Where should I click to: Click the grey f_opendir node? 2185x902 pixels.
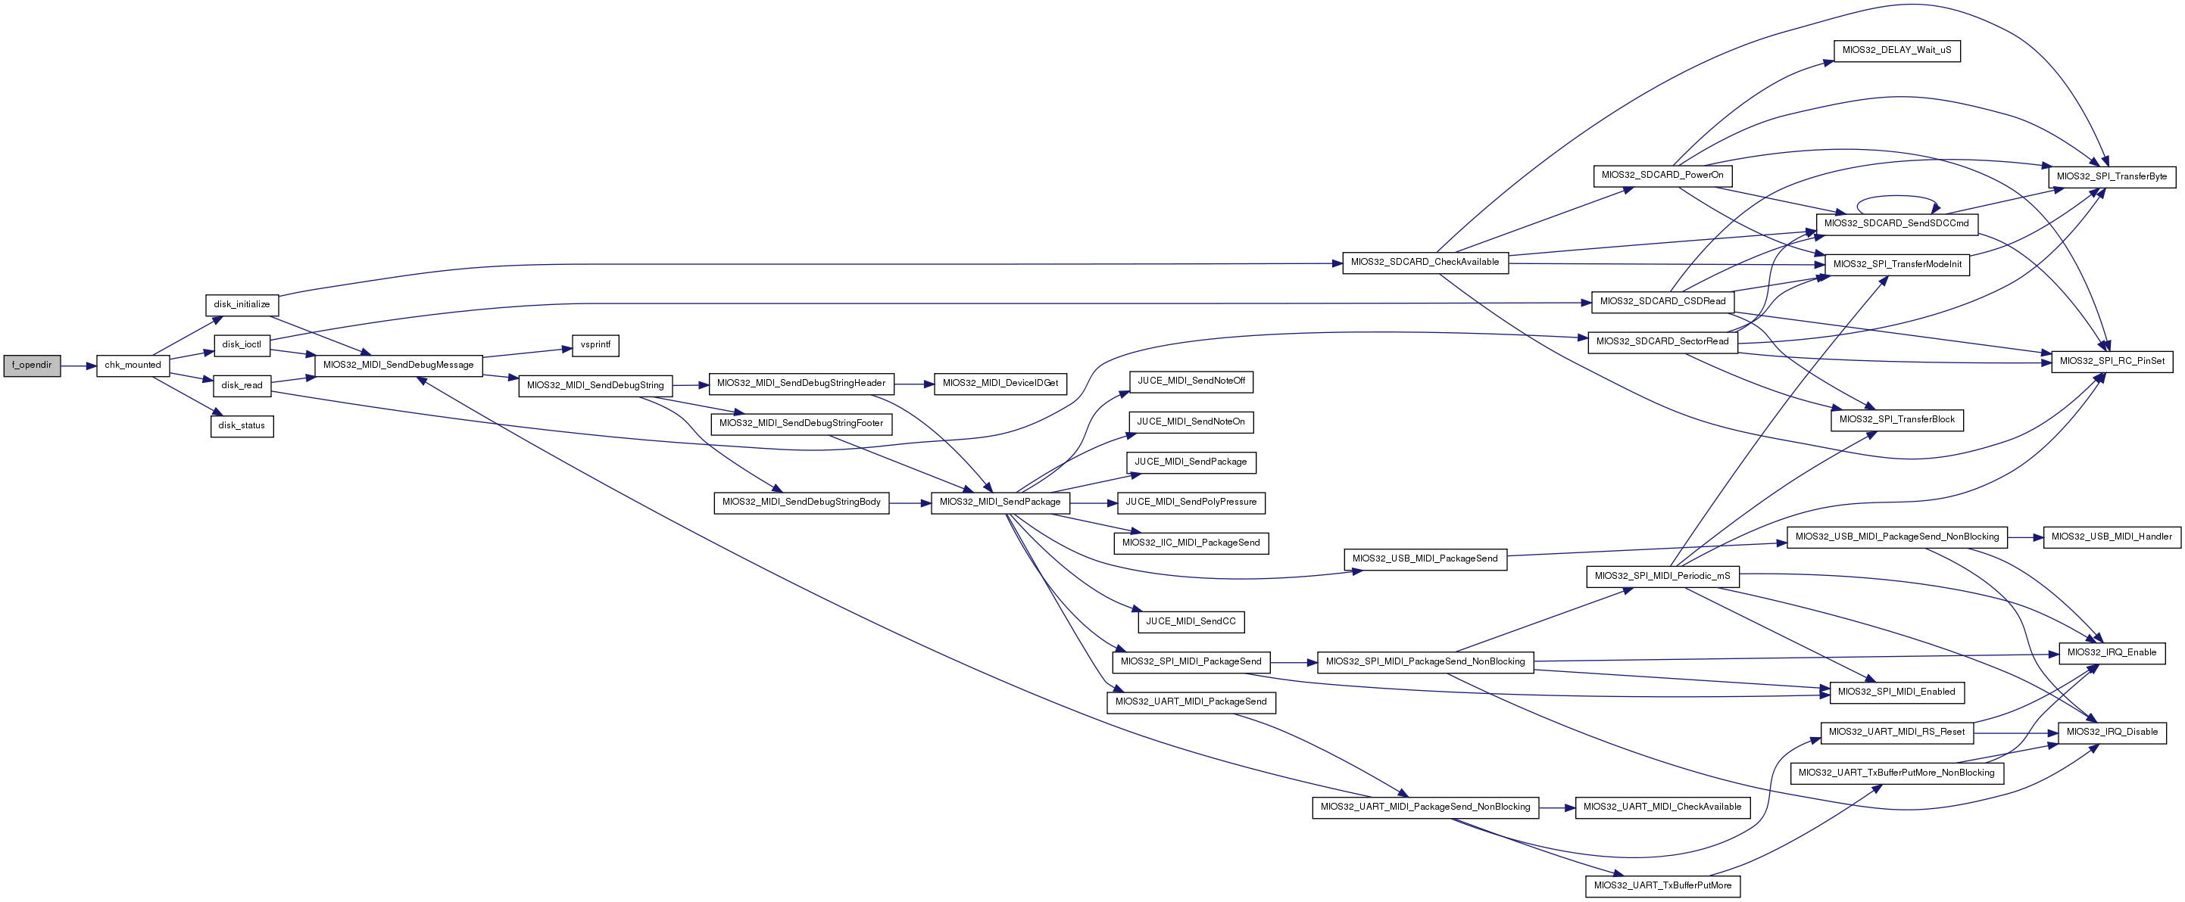33,365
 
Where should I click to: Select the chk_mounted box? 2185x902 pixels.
133,365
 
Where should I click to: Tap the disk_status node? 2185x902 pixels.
242,425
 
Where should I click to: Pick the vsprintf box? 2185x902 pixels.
595,345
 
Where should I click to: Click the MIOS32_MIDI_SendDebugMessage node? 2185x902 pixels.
398,365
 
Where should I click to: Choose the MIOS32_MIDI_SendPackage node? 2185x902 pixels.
1001,502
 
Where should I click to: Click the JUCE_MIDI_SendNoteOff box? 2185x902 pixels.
1191,381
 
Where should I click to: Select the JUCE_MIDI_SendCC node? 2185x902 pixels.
1191,621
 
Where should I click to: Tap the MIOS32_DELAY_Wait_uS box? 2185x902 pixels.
1896,50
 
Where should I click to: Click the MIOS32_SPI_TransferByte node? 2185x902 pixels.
2112,176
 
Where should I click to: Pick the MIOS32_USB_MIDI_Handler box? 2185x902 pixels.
2112,537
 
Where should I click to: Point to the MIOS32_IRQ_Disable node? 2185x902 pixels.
2112,732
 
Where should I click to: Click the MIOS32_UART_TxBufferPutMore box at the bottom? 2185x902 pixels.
1662,886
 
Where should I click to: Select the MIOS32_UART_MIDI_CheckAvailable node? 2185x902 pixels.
1662,807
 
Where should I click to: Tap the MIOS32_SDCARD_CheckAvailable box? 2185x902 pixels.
1425,262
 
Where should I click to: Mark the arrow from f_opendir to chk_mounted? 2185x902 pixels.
79,366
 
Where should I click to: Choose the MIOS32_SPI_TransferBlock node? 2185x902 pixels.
1896,420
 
